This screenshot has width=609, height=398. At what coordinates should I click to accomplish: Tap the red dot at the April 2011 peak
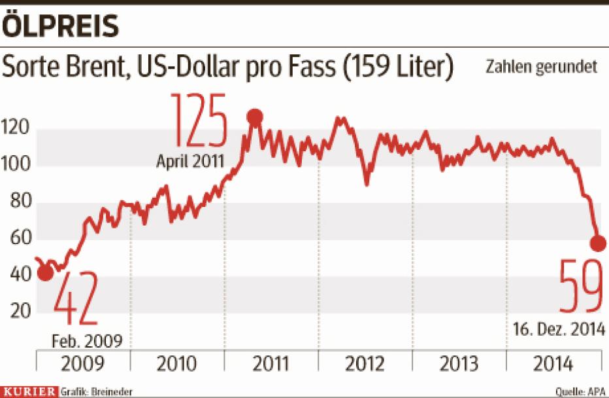coord(255,117)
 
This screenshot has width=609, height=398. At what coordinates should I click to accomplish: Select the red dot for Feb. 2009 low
coord(44,273)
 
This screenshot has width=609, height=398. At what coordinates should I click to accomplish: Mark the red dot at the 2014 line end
coord(598,244)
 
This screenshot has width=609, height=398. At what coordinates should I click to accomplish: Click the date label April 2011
coord(190,161)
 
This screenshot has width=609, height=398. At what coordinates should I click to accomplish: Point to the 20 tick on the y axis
coord(21,312)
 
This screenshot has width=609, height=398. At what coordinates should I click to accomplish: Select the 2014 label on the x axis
coord(554,363)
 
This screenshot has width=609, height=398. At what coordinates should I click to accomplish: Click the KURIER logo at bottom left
coord(29,391)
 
